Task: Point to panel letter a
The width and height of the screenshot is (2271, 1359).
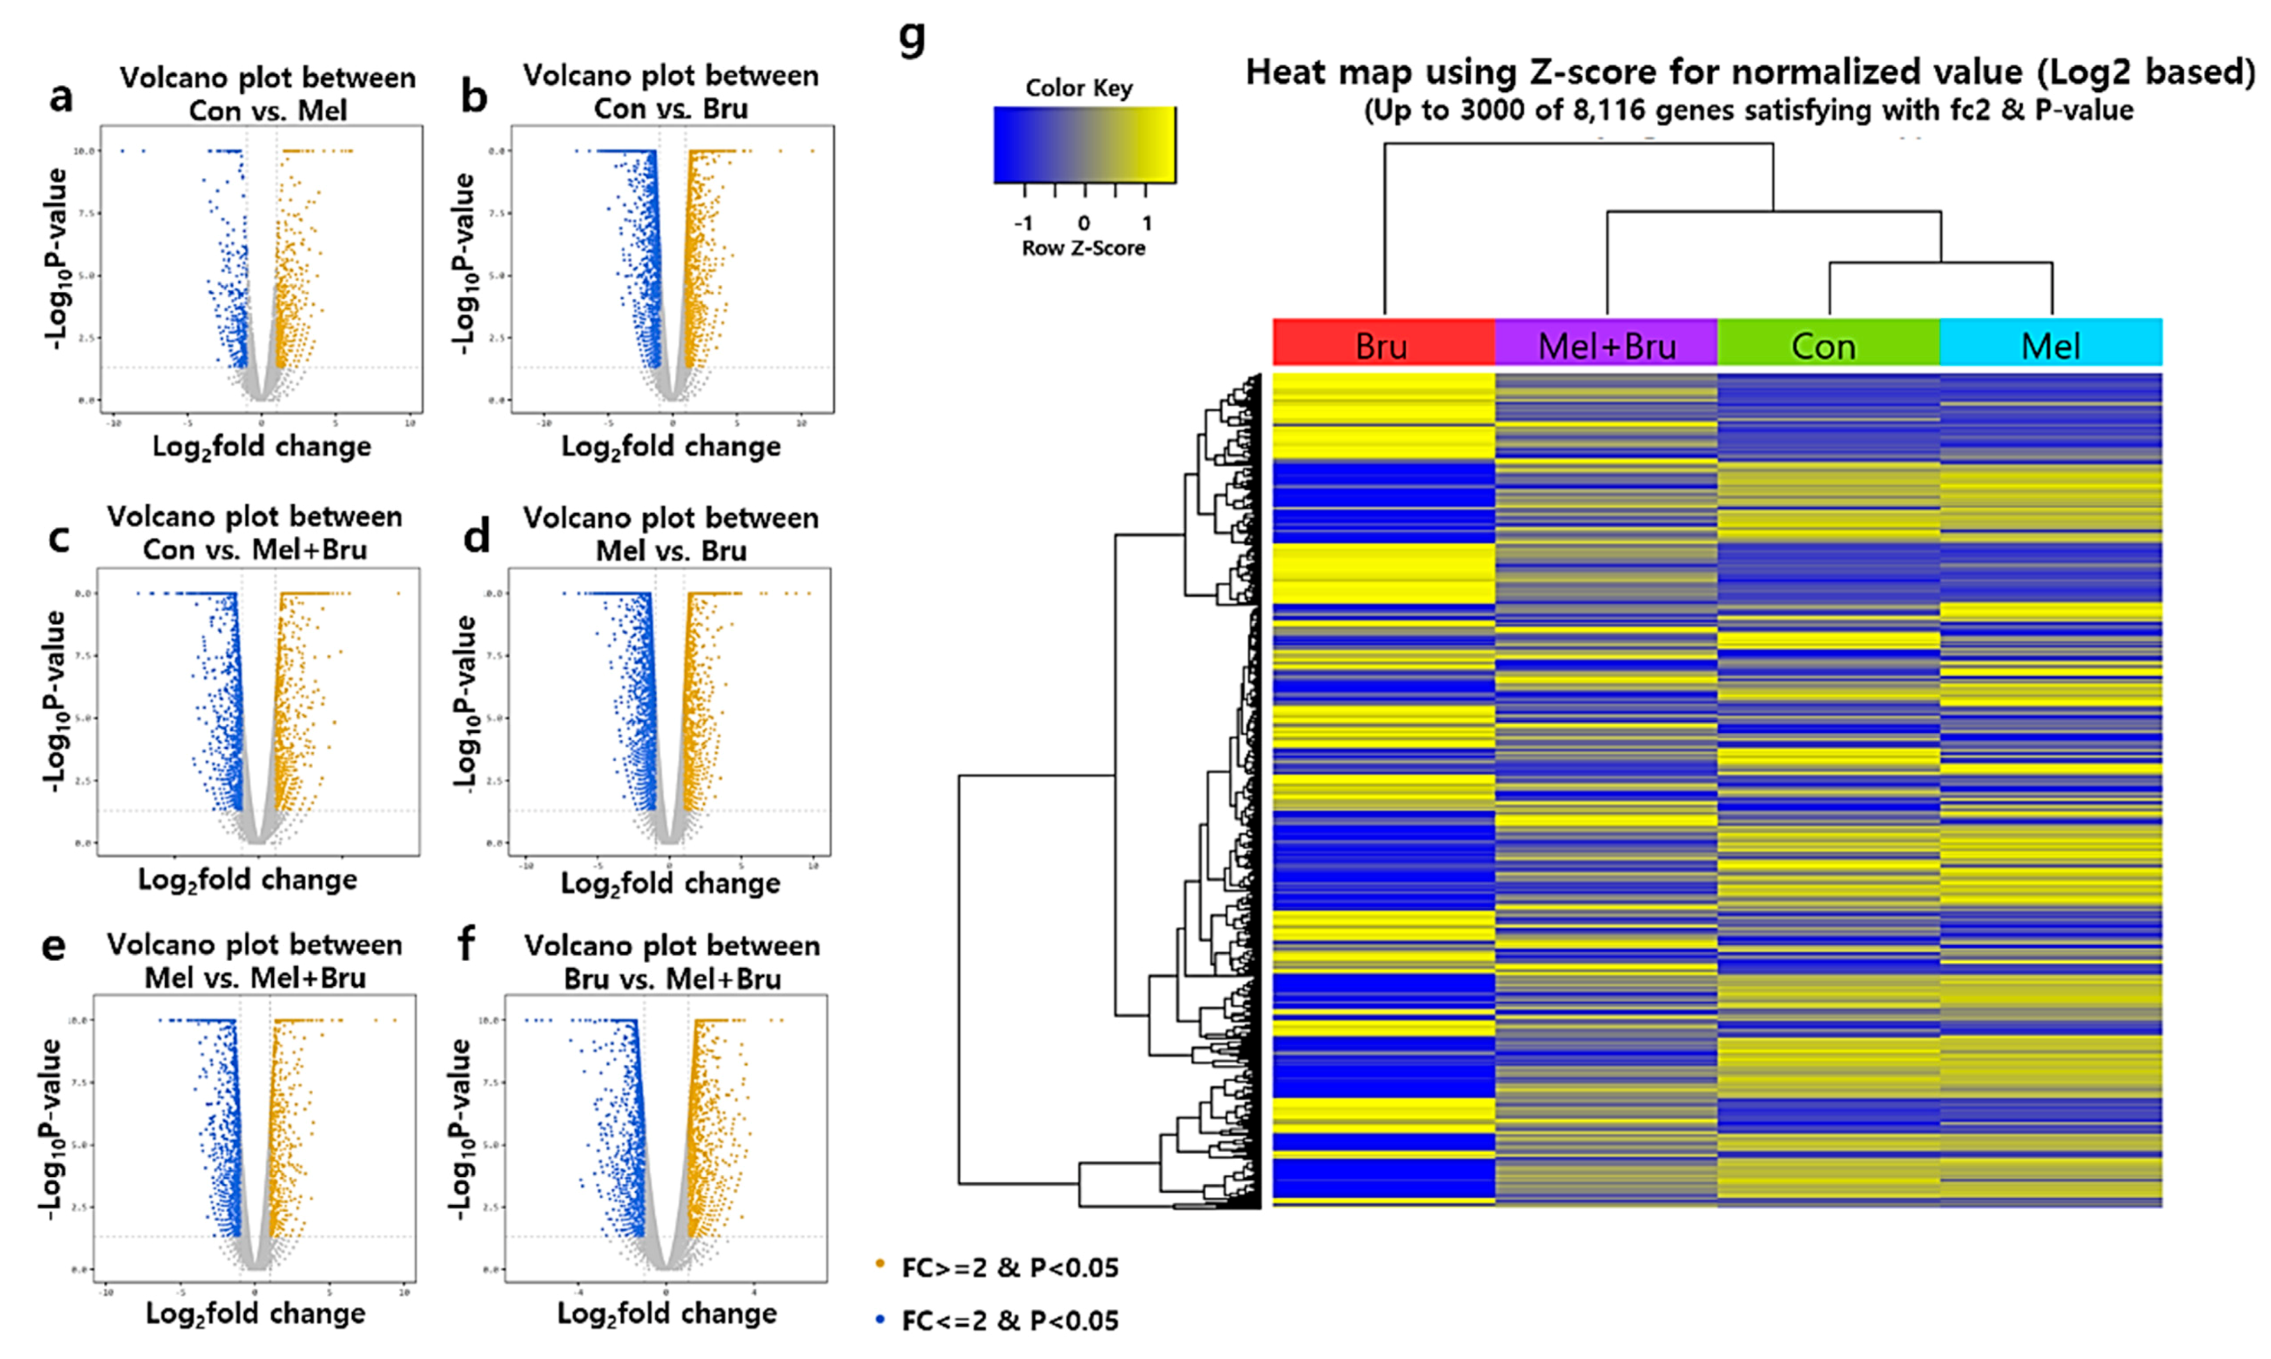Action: pyautogui.click(x=61, y=96)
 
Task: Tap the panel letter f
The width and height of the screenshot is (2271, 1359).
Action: pyautogui.click(x=467, y=943)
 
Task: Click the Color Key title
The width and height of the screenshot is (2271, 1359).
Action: pyautogui.click(x=1078, y=88)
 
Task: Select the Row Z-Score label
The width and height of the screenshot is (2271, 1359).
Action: pyautogui.click(x=1083, y=248)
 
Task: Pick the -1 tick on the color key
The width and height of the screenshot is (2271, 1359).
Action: pyautogui.click(x=1023, y=222)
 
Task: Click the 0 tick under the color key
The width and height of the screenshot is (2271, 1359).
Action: pyautogui.click(x=1084, y=222)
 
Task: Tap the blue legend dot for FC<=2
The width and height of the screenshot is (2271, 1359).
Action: pyautogui.click(x=880, y=1319)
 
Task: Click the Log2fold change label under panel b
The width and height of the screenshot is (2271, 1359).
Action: pyautogui.click(x=671, y=447)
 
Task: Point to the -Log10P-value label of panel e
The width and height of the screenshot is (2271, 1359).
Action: pyautogui.click(x=50, y=1128)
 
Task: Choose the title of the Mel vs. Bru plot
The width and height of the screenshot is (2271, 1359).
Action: pyautogui.click(x=671, y=534)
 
